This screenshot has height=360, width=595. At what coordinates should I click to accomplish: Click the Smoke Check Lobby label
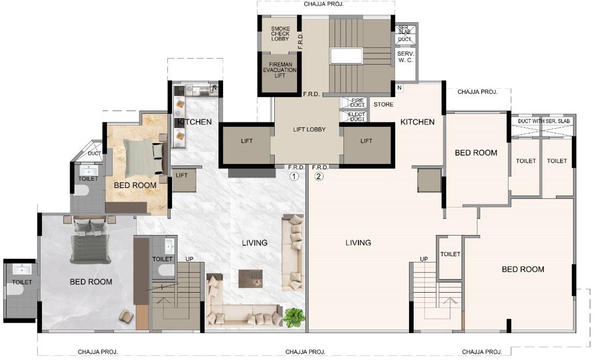pyautogui.click(x=280, y=34)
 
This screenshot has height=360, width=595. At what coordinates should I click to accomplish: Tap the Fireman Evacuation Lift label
pyautogui.click(x=279, y=70)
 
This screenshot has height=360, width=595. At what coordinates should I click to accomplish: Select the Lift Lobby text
pyautogui.click(x=309, y=129)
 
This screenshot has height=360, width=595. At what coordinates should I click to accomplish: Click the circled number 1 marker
pyautogui.click(x=294, y=176)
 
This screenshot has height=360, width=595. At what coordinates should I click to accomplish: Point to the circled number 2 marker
pyautogui.click(x=319, y=176)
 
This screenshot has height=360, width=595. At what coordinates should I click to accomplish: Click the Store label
pyautogui.click(x=383, y=105)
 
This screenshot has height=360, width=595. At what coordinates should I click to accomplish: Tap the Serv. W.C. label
pyautogui.click(x=406, y=57)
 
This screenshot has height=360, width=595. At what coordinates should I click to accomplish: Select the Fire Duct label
pyautogui.click(x=357, y=103)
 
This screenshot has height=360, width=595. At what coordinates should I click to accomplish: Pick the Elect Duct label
pyautogui.click(x=357, y=117)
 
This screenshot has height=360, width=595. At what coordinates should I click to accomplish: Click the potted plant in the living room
pyautogui.click(x=293, y=318)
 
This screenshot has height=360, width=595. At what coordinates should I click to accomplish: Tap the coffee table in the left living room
pyautogui.click(x=250, y=279)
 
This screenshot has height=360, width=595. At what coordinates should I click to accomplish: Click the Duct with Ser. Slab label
pyautogui.click(x=544, y=121)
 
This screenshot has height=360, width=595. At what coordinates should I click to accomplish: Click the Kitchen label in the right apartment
pyautogui.click(x=417, y=122)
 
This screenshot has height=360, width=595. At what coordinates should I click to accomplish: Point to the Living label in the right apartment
pyautogui.click(x=358, y=242)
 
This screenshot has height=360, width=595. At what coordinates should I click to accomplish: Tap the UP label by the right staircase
pyautogui.click(x=424, y=259)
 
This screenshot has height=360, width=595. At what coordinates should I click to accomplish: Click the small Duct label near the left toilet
pyautogui.click(x=95, y=154)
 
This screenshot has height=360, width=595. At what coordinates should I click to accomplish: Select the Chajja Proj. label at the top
pyautogui.click(x=324, y=5)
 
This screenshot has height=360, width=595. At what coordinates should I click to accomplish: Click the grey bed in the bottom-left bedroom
pyautogui.click(x=90, y=242)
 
